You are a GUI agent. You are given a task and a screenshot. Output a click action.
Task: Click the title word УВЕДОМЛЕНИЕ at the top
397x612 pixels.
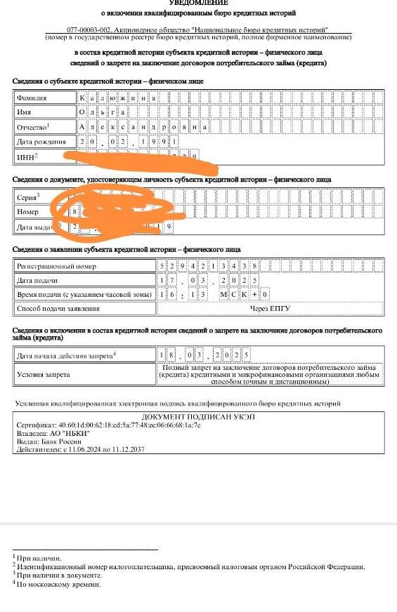click(199, 3)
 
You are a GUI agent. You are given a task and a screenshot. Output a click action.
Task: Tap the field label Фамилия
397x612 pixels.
click(32, 98)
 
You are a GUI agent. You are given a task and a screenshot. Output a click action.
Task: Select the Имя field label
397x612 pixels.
click(25, 112)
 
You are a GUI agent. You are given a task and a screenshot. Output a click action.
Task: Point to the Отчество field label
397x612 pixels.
click(33, 127)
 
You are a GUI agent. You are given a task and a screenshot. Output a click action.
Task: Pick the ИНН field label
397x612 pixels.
click(26, 157)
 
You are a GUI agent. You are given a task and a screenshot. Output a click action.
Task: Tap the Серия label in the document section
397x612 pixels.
click(27, 197)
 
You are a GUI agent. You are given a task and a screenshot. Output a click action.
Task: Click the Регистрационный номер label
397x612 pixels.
click(56, 267)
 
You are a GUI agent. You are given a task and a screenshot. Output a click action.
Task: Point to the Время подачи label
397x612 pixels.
click(84, 294)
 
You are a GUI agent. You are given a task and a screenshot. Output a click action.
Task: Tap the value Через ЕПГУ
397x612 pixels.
click(270, 308)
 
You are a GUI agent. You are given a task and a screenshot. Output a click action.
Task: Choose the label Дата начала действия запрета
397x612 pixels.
click(66, 356)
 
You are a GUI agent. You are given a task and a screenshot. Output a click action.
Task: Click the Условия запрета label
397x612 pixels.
click(44, 374)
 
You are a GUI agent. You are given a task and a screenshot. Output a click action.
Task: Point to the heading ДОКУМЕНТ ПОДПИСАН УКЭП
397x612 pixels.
click(200, 417)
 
